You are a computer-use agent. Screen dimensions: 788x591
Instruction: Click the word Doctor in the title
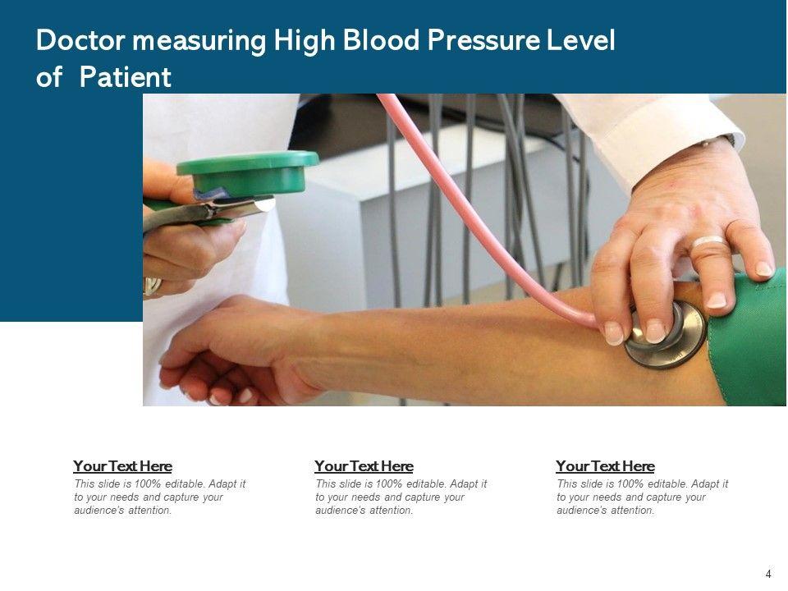(x=80, y=40)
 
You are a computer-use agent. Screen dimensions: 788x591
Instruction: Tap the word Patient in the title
(x=125, y=77)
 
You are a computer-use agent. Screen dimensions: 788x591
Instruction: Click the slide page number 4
(x=768, y=574)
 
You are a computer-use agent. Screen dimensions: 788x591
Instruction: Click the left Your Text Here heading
(x=122, y=466)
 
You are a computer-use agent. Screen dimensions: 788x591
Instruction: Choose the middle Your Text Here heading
(x=364, y=466)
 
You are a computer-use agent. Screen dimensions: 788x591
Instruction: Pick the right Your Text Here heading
(x=605, y=466)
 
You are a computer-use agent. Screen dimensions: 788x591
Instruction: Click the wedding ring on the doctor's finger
(x=708, y=242)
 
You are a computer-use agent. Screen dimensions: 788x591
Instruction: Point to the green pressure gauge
(x=249, y=172)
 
